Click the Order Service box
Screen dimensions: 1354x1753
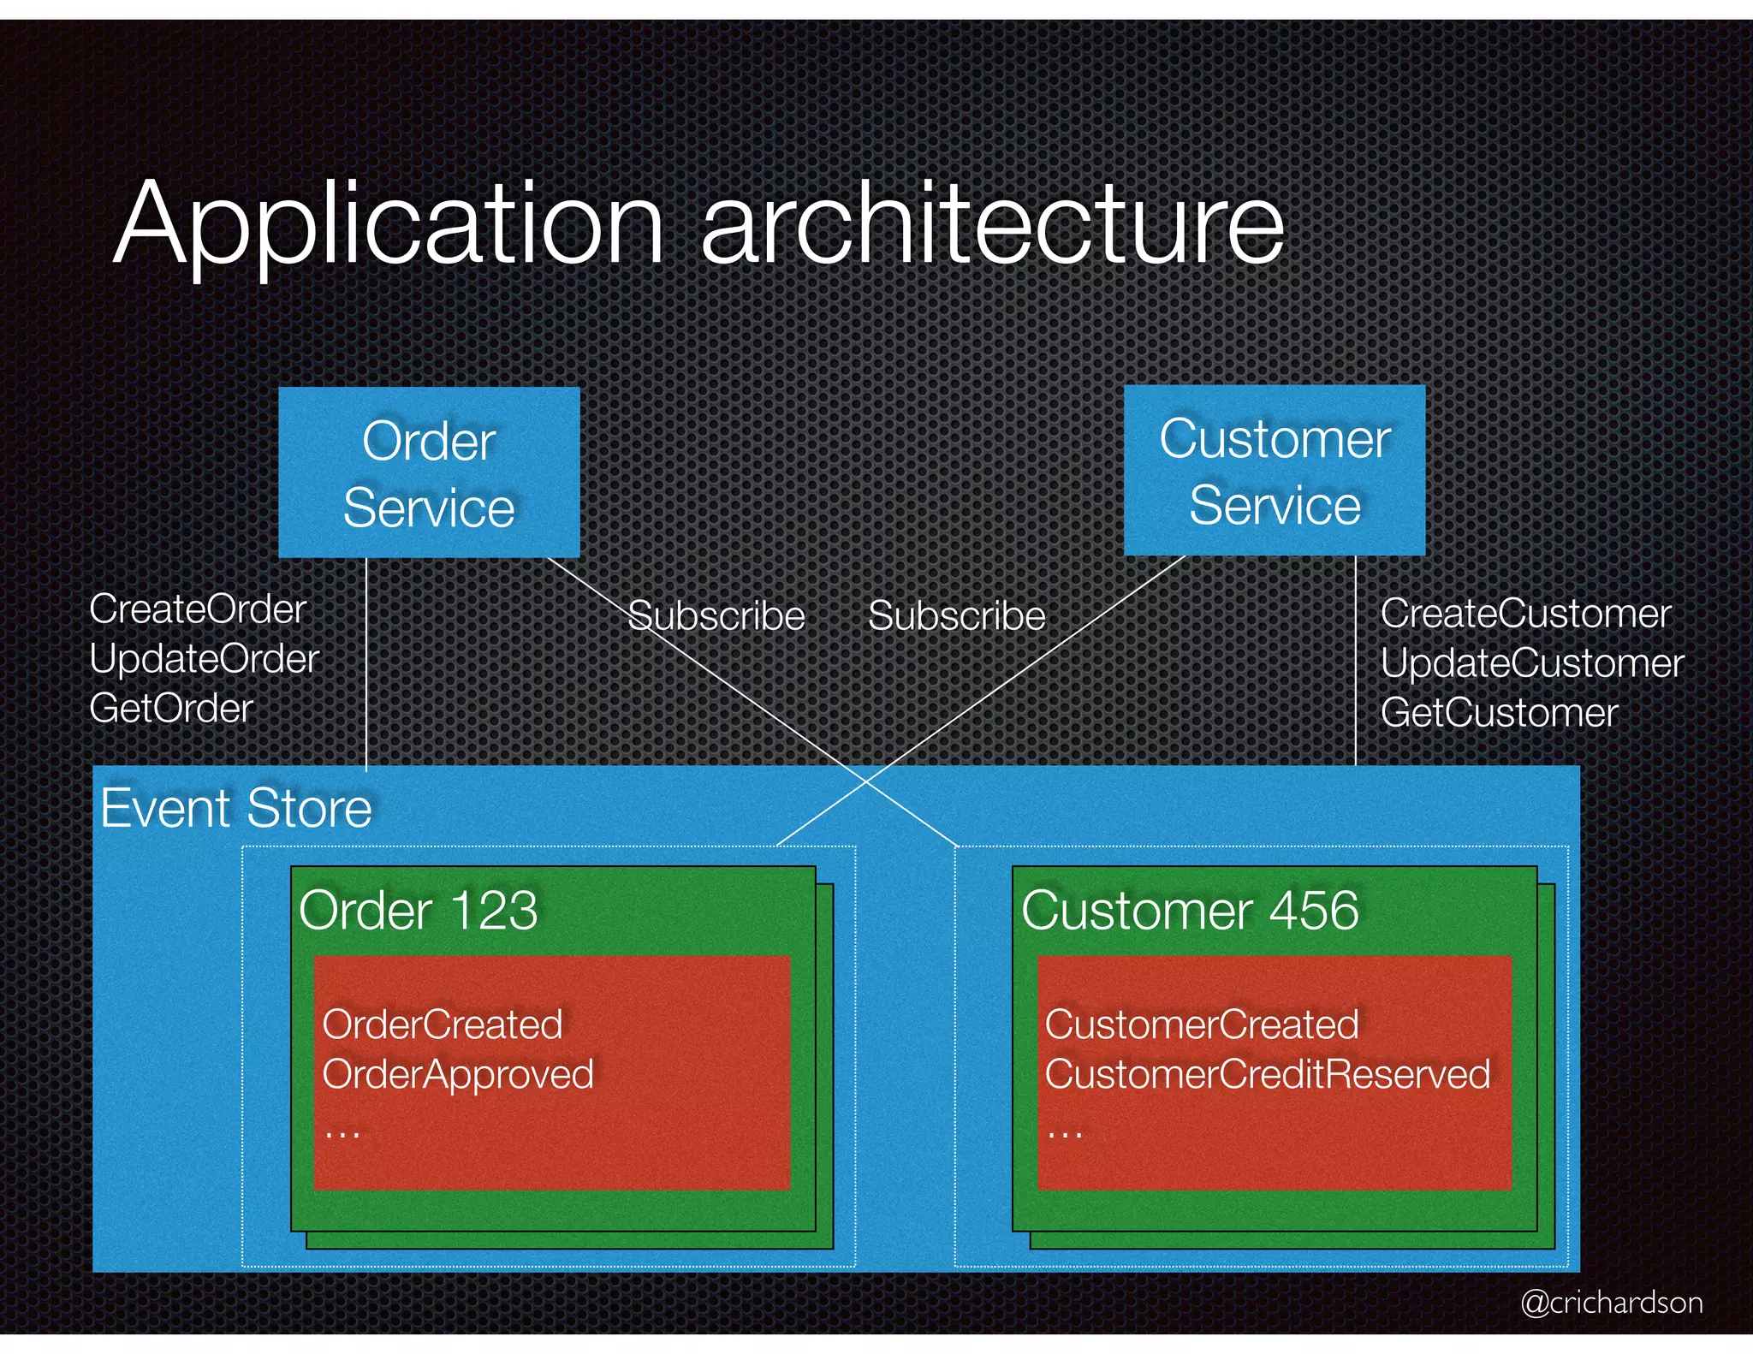pyautogui.click(x=429, y=472)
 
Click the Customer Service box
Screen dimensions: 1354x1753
pyautogui.click(x=1274, y=470)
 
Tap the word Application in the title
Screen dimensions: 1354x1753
pyautogui.click(x=389, y=224)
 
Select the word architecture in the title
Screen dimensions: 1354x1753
pyautogui.click(x=993, y=224)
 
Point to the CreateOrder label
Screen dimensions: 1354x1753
pyautogui.click(x=198, y=609)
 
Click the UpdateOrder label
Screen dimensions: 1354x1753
pyautogui.click(x=204, y=659)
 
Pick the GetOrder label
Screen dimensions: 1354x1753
pyautogui.click(x=171, y=709)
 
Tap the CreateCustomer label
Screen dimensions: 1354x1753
pyautogui.click(x=1525, y=614)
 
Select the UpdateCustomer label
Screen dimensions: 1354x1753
pyautogui.click(x=1532, y=663)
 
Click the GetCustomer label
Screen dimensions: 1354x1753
pyautogui.click(x=1499, y=713)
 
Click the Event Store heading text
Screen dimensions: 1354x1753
pyautogui.click(x=236, y=808)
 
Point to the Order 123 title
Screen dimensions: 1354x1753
pyautogui.click(x=418, y=910)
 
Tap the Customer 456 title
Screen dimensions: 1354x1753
pyautogui.click(x=1190, y=910)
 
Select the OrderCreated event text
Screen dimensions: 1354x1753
pyautogui.click(x=443, y=1024)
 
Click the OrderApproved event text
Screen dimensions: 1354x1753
pyautogui.click(x=458, y=1075)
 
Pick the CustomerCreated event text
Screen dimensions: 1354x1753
pyautogui.click(x=1202, y=1024)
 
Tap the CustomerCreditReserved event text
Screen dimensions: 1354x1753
pyautogui.click(x=1268, y=1075)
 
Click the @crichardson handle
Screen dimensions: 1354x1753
pyautogui.click(x=1611, y=1302)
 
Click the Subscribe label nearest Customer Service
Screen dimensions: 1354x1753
pyautogui.click(x=956, y=616)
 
